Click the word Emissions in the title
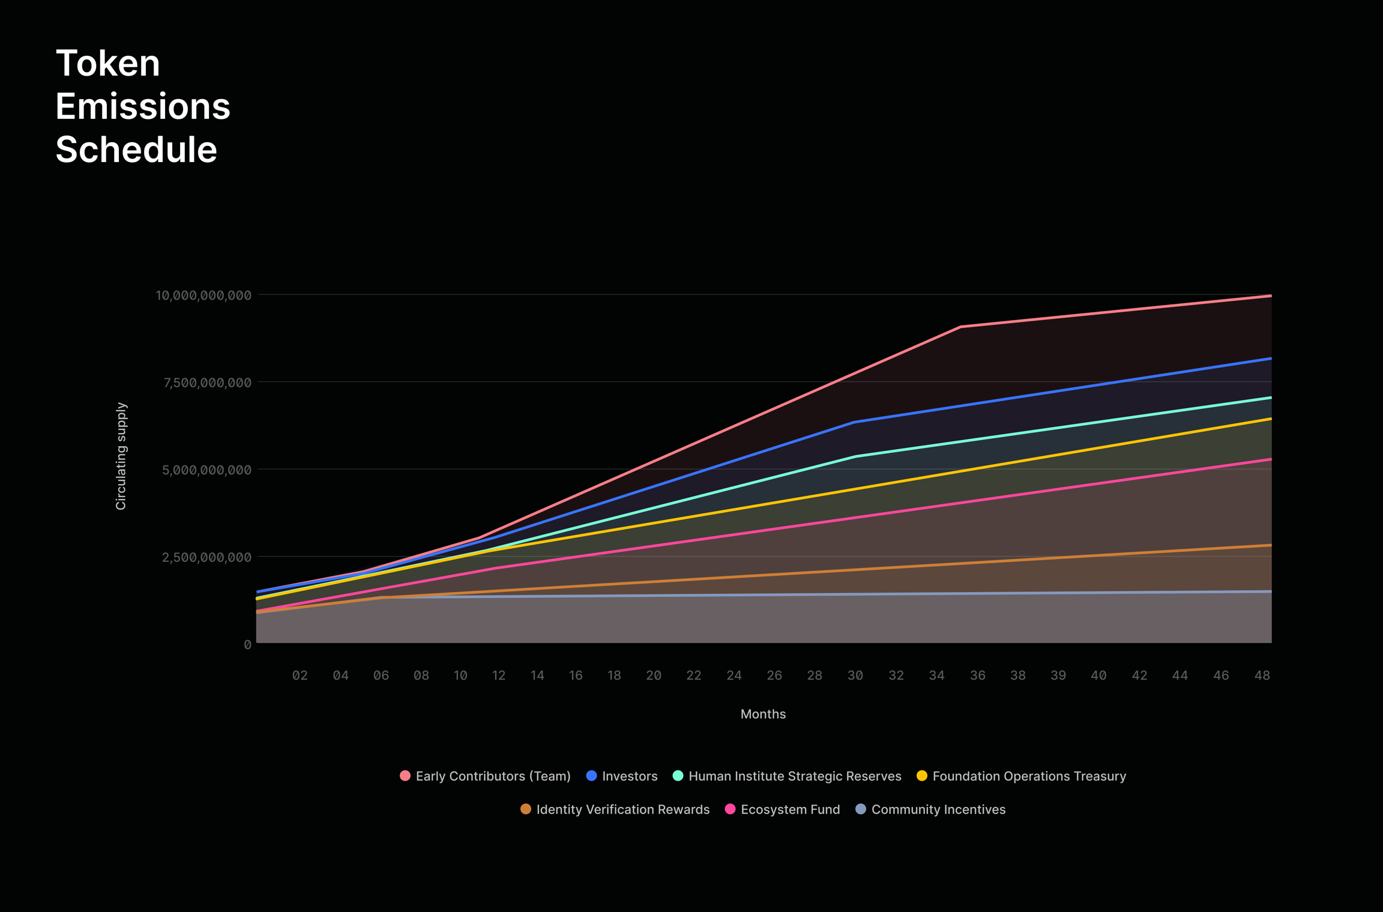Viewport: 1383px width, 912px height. tap(143, 106)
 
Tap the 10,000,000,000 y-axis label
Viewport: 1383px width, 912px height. tap(203, 295)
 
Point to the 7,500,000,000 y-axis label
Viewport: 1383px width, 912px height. tap(207, 382)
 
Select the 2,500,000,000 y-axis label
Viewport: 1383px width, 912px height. tap(207, 557)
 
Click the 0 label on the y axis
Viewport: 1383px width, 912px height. tap(247, 645)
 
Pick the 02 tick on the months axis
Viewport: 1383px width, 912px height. tap(300, 675)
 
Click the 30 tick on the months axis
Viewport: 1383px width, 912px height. tap(855, 675)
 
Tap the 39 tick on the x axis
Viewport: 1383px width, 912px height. tap(1058, 675)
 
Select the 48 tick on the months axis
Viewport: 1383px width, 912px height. tap(1262, 675)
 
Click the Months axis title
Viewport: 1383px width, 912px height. tap(763, 714)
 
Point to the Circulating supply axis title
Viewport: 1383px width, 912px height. tap(121, 456)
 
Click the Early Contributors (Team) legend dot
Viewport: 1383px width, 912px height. tap(405, 776)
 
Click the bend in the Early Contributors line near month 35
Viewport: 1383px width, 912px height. tap(960, 327)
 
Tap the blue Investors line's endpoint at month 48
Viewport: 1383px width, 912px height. tap(1270, 358)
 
